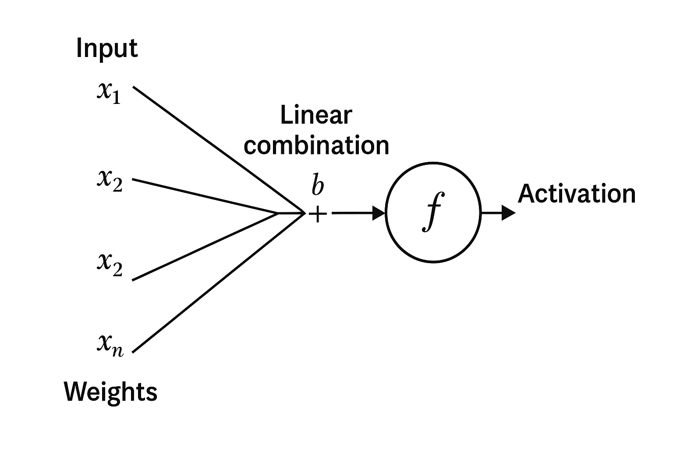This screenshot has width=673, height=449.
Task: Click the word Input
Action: [107, 48]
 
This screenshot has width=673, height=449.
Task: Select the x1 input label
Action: [109, 93]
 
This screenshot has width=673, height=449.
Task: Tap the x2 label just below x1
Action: [110, 180]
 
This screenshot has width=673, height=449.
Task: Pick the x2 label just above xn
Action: [110, 264]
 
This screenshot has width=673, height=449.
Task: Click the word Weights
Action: [110, 392]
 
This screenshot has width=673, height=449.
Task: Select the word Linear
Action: [316, 115]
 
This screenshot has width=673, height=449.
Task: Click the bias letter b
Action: [318, 185]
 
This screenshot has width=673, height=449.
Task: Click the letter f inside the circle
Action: [433, 211]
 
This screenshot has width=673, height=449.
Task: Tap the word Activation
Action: [576, 194]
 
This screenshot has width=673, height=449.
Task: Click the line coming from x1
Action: [219, 150]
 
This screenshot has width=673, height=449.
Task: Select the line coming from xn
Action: [219, 282]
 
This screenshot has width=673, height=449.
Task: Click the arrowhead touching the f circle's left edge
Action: [378, 213]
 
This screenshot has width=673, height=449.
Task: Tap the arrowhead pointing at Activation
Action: [508, 213]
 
